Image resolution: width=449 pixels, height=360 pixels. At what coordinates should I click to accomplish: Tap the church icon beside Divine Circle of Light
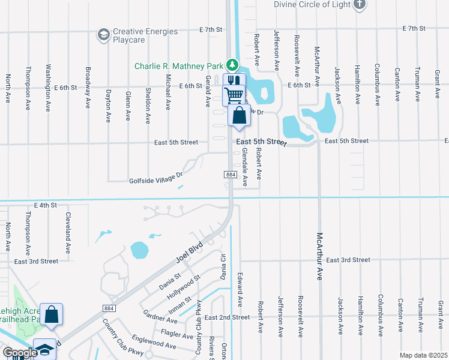[360, 5]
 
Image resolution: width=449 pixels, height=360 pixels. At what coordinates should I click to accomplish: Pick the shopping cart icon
[234, 95]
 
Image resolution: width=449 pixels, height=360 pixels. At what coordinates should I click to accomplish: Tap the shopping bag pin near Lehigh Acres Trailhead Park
[52, 314]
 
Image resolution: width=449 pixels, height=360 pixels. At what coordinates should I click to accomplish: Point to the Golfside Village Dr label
[155, 179]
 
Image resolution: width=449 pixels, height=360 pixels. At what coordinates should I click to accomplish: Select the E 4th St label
[45, 205]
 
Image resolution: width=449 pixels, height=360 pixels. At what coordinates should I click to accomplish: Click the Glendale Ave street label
[245, 169]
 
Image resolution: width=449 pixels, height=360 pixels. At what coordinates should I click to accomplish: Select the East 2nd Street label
[226, 317]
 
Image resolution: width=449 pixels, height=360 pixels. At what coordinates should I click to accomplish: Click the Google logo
[20, 353]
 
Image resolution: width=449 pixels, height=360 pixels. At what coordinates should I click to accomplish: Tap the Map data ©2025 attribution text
[423, 355]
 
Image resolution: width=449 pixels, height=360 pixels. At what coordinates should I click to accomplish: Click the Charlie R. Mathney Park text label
[179, 66]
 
